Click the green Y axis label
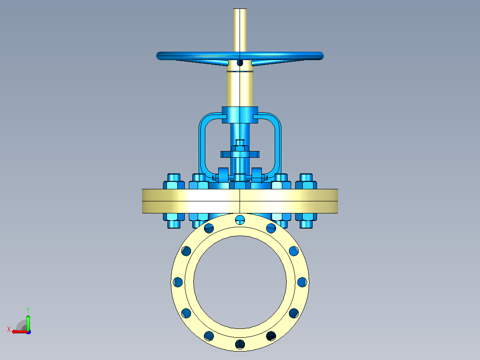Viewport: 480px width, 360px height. (x=28, y=310)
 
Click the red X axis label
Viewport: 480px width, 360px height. (x=9, y=329)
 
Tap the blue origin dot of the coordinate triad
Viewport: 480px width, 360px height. (x=28, y=332)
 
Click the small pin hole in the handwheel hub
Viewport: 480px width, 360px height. (x=240, y=63)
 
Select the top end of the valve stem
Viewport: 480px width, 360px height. (x=240, y=9)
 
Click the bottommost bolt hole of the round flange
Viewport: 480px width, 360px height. (x=240, y=344)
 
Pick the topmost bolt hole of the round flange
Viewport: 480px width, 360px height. (x=240, y=219)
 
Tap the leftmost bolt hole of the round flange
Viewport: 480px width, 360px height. (x=178, y=282)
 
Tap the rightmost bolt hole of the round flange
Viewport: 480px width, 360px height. (x=302, y=282)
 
